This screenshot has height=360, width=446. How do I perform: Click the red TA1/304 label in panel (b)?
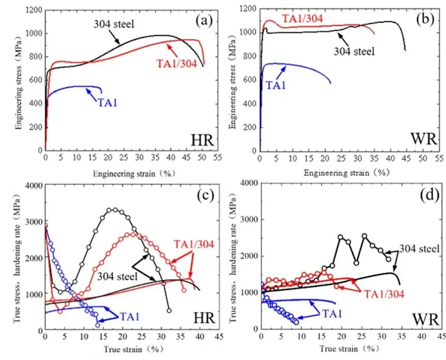[303, 19]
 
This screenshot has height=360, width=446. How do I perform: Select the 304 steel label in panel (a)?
[114, 24]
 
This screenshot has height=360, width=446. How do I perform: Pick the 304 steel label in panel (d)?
[420, 250]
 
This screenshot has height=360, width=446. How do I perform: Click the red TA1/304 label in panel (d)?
[383, 293]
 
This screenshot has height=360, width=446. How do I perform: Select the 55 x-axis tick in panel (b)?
[438, 158]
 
